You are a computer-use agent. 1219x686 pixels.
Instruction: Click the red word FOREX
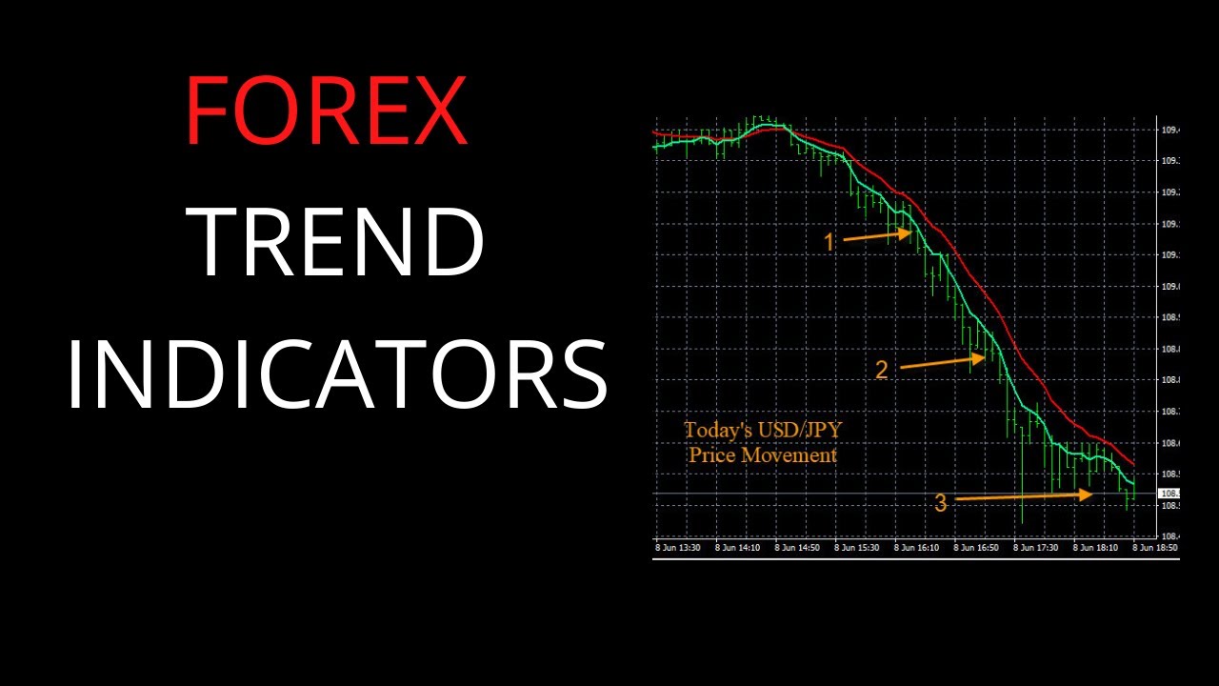(326, 111)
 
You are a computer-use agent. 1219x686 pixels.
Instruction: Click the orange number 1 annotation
(829, 243)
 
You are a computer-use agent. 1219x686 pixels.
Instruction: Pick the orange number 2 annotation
(881, 371)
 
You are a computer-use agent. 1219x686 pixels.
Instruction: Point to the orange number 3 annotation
(940, 504)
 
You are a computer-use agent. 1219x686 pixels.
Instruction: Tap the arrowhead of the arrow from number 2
(980, 358)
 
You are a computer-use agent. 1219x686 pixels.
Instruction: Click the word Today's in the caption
(711, 431)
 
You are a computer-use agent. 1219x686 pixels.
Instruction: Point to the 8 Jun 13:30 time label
(678, 548)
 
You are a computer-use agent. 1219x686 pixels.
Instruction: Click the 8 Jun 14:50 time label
(798, 548)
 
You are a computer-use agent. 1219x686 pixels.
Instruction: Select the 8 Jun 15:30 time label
(858, 548)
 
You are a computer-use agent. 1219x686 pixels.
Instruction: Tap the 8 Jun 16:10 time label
(918, 548)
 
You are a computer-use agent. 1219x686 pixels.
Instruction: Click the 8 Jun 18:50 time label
(1155, 548)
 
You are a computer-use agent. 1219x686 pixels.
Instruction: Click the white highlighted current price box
(1169, 494)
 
